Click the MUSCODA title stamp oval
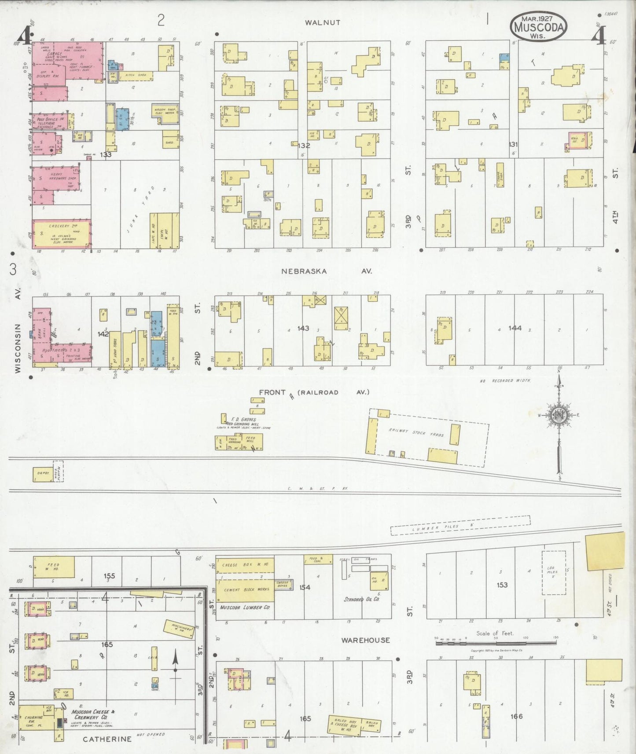coord(538,26)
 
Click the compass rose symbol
coord(559,415)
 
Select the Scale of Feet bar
coord(496,643)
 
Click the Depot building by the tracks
coord(43,474)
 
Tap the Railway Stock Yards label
coord(416,432)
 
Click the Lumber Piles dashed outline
coord(460,526)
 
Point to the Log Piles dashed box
coord(553,573)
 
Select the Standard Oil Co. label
coord(362,599)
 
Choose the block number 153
coord(502,585)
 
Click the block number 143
coord(303,328)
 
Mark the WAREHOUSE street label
coord(366,640)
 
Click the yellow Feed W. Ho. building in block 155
coord(54,567)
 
